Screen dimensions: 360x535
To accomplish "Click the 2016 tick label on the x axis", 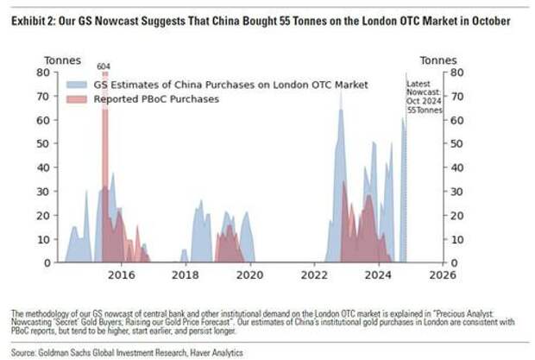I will coord(122,275).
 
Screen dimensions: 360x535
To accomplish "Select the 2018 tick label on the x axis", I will coord(186,275).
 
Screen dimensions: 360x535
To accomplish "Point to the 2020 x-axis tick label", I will coord(249,275).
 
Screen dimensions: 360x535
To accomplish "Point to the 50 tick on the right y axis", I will coord(456,143).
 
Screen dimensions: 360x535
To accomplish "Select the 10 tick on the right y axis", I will coord(456,239).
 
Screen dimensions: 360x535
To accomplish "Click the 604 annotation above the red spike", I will coord(104,66).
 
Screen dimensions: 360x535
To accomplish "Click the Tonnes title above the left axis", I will coord(62,60).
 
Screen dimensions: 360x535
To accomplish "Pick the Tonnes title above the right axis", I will coord(438,60).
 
